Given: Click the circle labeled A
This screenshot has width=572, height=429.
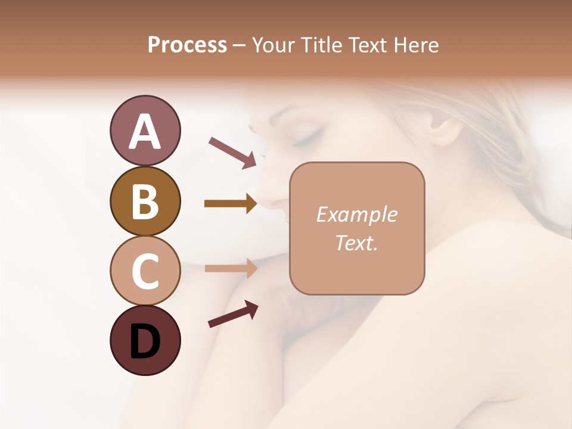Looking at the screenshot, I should [145, 130].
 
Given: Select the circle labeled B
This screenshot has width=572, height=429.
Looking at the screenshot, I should [145, 201].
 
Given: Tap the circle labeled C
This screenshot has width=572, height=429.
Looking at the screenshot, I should [145, 271].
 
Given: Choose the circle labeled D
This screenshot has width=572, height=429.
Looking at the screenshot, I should [145, 340].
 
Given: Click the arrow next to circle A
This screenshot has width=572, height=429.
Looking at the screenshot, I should [232, 152].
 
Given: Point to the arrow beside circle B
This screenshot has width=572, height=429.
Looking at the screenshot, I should [231, 204].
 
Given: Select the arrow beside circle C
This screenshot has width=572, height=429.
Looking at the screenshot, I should [231, 268].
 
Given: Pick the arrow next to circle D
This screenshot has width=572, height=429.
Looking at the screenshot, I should [232, 314].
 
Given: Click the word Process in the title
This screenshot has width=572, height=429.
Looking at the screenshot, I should [187, 45].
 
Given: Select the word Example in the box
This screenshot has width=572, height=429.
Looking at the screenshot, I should [356, 215].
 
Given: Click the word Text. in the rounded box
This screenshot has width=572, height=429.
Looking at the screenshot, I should [356, 243].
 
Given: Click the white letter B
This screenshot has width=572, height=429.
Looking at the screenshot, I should [145, 201].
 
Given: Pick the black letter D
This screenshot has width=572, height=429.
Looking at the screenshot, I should [145, 341].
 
